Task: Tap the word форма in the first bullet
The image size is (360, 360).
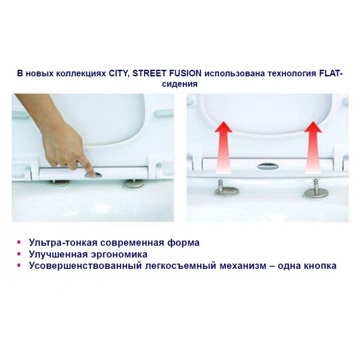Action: click(x=183, y=243)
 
